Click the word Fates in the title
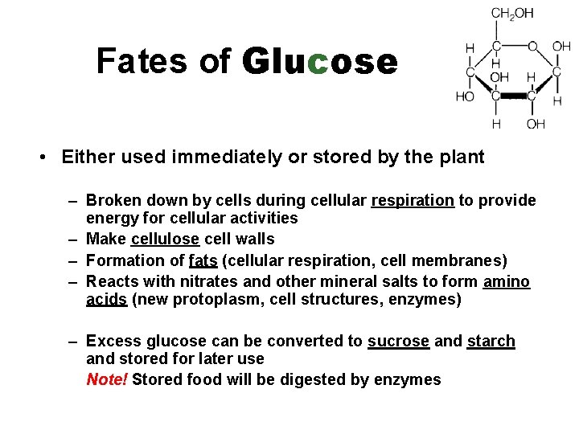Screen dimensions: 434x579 [130, 61]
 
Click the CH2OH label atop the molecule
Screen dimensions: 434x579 [511, 13]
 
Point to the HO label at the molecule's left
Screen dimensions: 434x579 [465, 96]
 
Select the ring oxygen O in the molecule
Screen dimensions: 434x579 [532, 47]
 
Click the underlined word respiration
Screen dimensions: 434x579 [413, 200]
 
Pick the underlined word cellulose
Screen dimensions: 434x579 [164, 239]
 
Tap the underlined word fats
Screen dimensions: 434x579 [203, 260]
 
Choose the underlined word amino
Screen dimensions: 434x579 [507, 281]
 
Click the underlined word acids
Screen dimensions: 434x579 [107, 300]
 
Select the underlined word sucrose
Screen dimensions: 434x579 [398, 341]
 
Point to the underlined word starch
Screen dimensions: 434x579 [491, 341]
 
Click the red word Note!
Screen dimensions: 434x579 [106, 379]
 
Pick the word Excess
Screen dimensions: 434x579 [112, 341]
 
